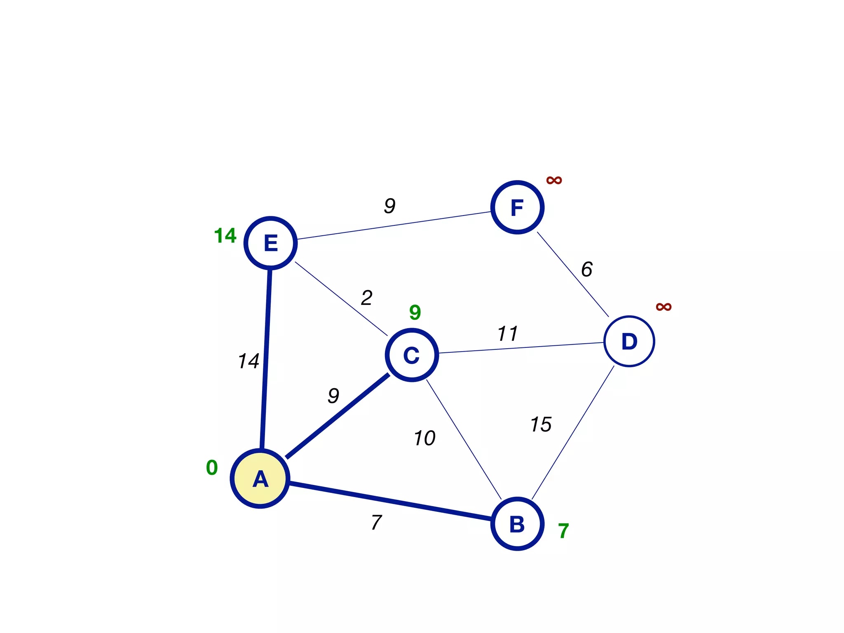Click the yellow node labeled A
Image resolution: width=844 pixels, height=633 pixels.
point(260,478)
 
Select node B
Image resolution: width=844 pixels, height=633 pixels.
point(517,524)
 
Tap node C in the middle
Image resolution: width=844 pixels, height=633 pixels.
point(412,355)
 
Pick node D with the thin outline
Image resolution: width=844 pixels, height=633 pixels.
point(629,341)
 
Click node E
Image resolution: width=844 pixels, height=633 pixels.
point(271,243)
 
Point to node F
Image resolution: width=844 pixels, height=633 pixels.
point(517,207)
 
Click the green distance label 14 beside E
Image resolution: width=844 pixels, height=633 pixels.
point(225,236)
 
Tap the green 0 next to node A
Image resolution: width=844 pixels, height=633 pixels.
point(212,468)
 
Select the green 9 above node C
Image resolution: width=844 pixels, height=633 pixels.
point(415,312)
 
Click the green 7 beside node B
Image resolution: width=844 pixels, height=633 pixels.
point(563,531)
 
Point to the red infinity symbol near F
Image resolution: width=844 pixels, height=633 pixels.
point(554,180)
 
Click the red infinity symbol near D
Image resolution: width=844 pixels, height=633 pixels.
point(663,307)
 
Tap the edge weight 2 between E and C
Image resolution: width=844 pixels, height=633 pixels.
point(367,298)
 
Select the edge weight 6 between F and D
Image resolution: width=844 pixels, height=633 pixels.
point(587,269)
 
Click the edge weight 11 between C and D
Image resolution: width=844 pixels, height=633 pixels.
point(507,333)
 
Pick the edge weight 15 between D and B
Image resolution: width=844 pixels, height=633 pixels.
point(541,424)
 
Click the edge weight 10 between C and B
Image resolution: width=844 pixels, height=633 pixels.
point(424,438)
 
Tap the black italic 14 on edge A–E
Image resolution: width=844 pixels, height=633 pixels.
point(249,361)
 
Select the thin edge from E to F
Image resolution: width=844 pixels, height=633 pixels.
point(394,225)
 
